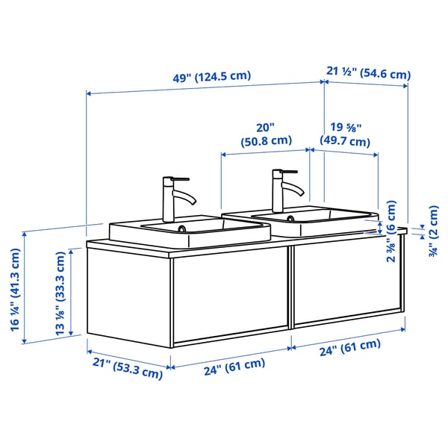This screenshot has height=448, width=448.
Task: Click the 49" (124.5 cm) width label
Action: [211, 77]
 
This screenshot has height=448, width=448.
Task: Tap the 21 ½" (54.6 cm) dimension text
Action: [369, 73]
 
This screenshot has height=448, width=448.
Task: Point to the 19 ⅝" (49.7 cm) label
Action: [344, 134]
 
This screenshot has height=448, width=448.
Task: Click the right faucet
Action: [283, 190]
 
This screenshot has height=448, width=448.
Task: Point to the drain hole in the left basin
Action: [184, 228]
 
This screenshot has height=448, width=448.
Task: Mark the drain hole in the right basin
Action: [290, 219]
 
